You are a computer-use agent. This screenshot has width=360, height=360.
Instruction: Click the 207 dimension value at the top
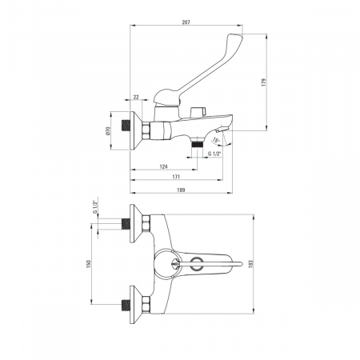(x=186, y=22)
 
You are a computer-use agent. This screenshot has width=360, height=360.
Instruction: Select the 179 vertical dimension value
(x=264, y=82)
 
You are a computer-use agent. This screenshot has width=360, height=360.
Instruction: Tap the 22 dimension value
(x=136, y=98)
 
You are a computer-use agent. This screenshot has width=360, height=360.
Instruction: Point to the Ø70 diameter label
(x=108, y=130)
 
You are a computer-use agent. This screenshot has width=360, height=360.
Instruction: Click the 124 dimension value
(x=163, y=166)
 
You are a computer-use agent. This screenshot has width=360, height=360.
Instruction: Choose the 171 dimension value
(x=176, y=177)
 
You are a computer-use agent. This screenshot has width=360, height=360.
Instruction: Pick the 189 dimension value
(x=181, y=190)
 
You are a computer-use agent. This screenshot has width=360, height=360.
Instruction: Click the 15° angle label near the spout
(x=216, y=140)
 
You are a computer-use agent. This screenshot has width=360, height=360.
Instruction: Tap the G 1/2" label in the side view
(x=214, y=154)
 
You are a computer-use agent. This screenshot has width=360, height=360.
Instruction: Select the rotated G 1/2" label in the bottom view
(x=94, y=207)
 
